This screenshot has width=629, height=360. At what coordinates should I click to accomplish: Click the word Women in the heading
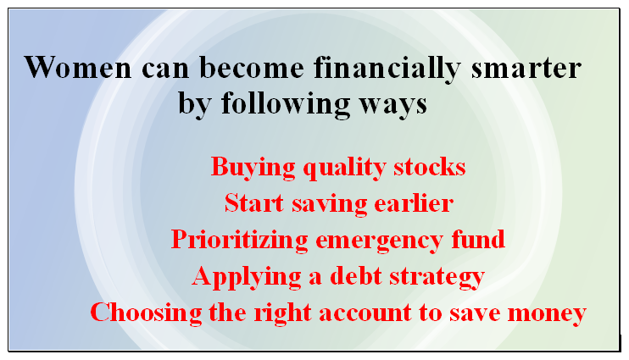pos(78,67)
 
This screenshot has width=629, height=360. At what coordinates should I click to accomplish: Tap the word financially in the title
pos(387,69)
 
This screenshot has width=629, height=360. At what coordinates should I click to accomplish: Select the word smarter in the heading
pos(526,69)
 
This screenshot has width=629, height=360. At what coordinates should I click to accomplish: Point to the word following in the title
pos(286,104)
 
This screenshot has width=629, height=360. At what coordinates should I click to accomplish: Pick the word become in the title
pos(252,67)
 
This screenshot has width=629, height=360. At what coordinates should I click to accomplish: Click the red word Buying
pos(253,167)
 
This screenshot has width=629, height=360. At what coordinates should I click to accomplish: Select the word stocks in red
pos(429,166)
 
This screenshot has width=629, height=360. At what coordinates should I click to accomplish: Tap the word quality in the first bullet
pos(344,168)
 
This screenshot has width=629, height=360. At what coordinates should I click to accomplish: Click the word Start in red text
pos(254,202)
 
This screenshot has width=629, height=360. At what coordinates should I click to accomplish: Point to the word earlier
pos(414,202)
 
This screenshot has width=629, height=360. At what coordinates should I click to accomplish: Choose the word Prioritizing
pos(239,241)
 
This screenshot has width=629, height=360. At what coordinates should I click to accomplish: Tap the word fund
pos(478,240)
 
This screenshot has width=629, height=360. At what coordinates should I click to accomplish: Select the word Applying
pos(247,278)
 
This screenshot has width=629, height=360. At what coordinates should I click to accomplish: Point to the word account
pos(365,313)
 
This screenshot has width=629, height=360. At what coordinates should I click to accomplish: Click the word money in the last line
pos(547,314)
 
